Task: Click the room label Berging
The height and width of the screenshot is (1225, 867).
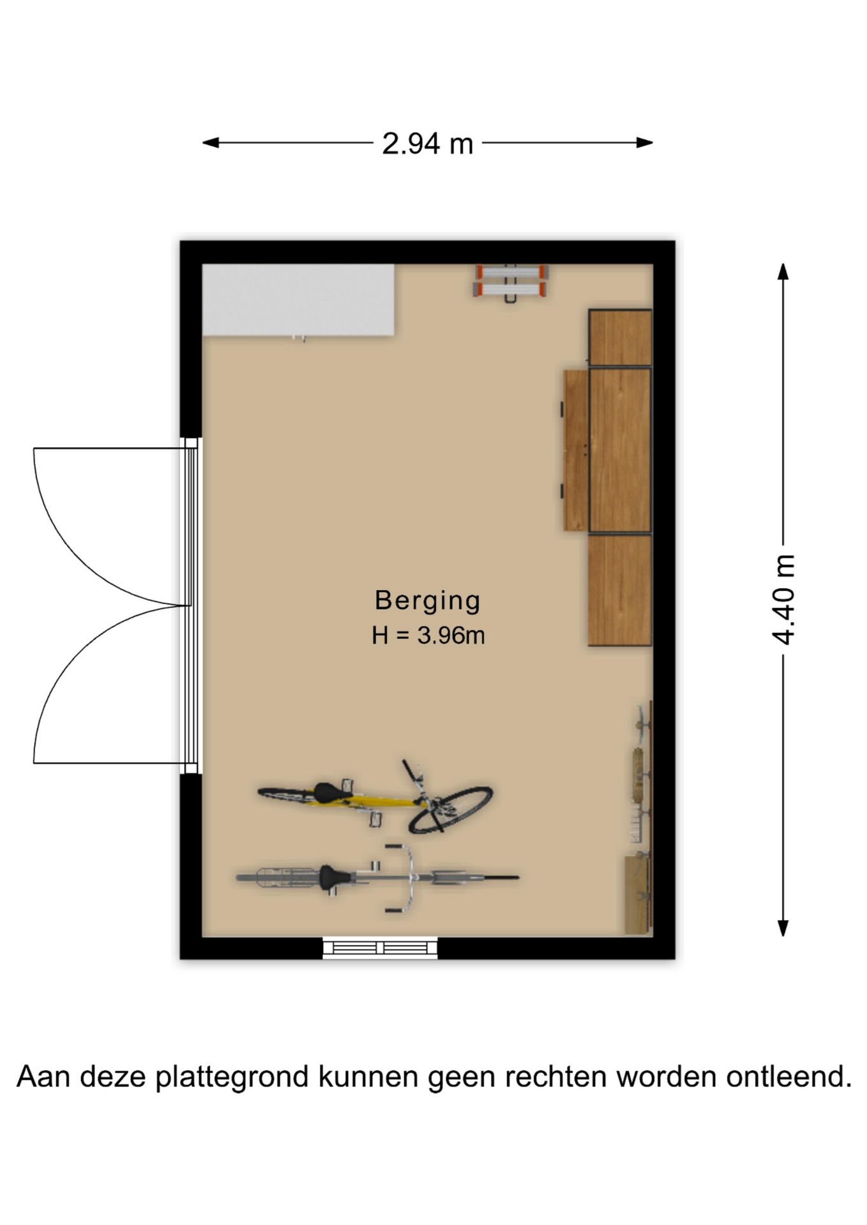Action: pos(427,600)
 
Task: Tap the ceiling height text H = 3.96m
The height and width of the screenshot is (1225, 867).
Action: pos(428,635)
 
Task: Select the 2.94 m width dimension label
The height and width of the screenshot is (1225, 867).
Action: pos(428,144)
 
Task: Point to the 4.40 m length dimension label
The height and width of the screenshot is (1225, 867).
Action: pos(783,600)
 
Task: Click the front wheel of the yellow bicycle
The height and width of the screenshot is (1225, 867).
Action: pos(451,810)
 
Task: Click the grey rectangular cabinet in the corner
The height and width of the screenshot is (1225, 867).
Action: pos(298,300)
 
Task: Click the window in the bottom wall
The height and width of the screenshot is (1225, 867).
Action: pos(380,947)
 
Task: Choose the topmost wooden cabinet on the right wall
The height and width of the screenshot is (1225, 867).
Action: pos(620,338)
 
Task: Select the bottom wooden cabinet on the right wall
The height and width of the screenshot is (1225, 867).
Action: pos(620,590)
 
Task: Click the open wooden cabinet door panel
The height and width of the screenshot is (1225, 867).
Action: pos(576,450)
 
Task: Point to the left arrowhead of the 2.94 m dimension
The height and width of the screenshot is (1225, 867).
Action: pos(211,143)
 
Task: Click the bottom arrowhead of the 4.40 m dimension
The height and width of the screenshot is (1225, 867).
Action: pos(783,928)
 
